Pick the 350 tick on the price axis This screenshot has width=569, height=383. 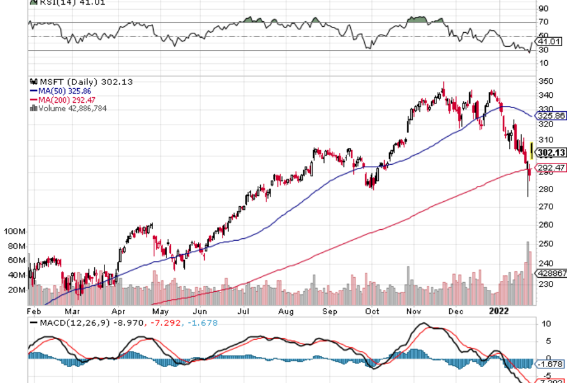click(545, 81)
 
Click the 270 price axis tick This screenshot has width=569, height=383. click(545, 207)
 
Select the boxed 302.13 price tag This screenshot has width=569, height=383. click(552, 153)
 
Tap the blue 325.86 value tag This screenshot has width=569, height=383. click(552, 116)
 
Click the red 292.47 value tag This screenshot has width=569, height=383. click(552, 168)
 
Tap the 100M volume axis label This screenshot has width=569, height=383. click(13, 232)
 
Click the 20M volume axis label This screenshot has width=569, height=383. click(16, 289)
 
